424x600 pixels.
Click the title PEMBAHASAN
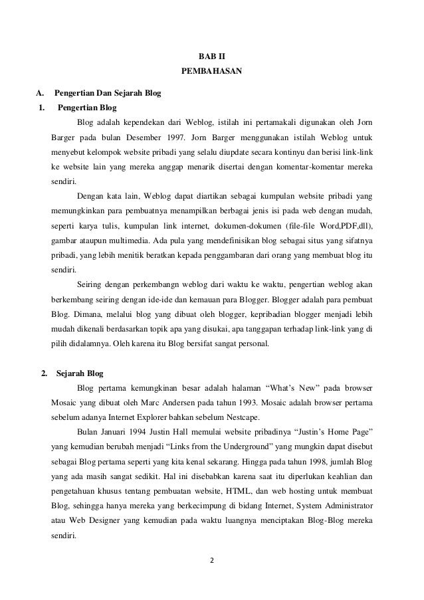[211, 70]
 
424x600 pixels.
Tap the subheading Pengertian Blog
[88, 106]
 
